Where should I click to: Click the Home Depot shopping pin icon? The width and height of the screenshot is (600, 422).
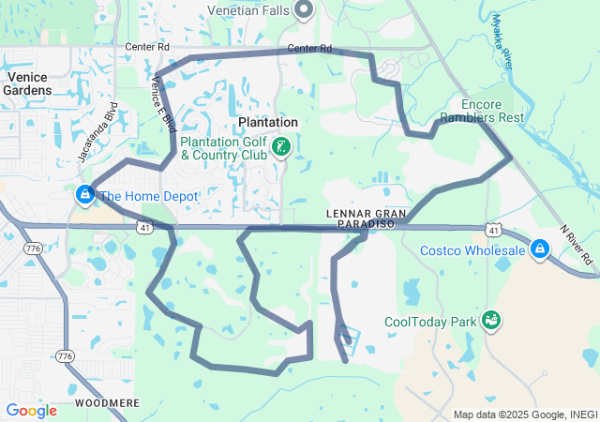(85, 195)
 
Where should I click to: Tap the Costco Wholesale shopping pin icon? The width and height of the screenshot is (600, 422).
(540, 249)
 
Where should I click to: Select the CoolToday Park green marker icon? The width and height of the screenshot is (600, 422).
(490, 322)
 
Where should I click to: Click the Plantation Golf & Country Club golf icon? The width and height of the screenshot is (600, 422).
(281, 147)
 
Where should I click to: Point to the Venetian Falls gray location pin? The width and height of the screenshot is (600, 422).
(304, 9)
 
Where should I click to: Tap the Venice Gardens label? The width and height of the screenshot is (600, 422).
(35, 83)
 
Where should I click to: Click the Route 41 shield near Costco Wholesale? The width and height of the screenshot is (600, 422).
(494, 229)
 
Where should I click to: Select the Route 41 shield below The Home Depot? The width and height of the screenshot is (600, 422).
(143, 227)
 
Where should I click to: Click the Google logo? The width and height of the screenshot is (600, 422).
(31, 411)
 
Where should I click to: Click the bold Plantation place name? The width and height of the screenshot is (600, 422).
(267, 122)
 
